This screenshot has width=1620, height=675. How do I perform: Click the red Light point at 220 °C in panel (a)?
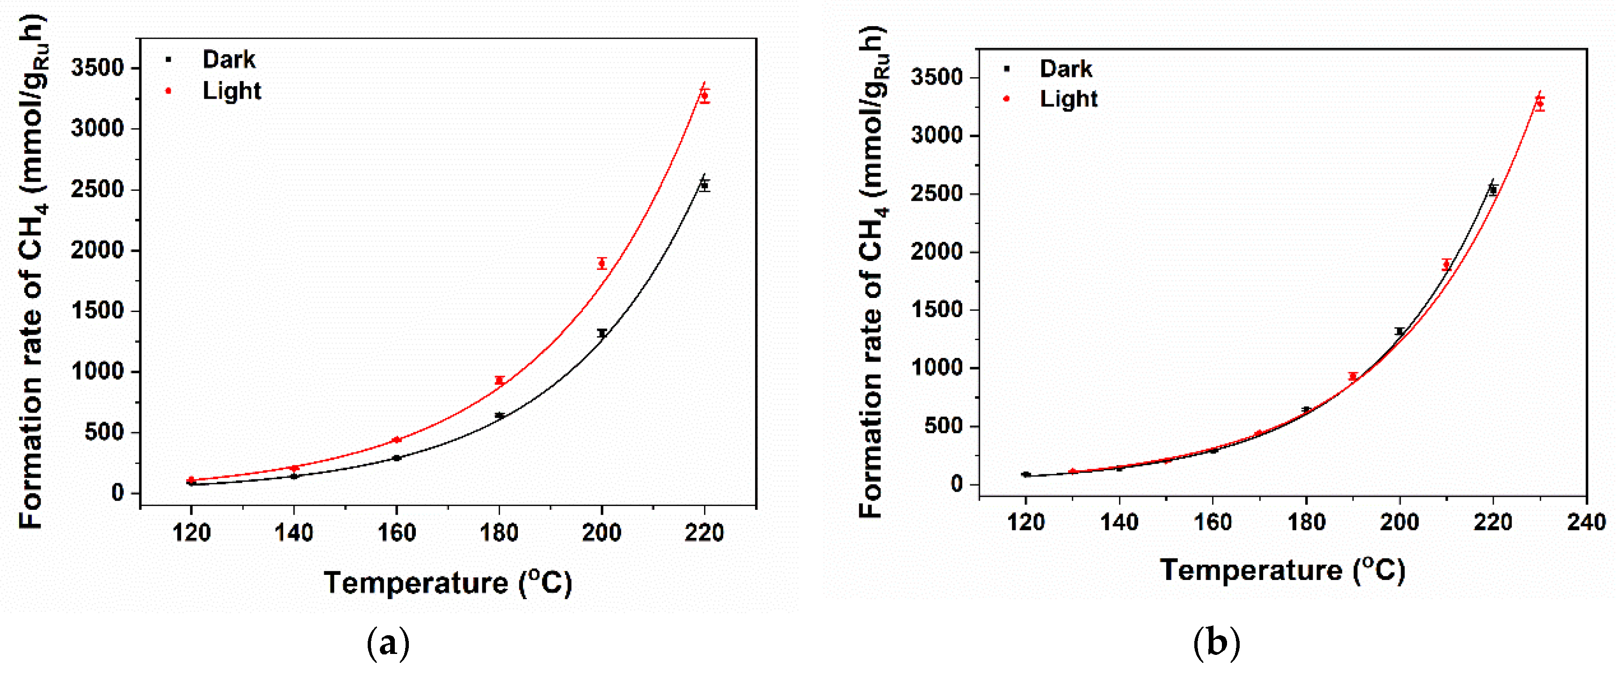[705, 96]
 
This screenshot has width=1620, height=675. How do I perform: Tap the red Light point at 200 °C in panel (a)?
[602, 263]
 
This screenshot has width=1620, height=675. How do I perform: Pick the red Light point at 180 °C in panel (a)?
[499, 380]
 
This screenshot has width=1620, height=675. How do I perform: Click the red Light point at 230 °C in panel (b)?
[1539, 104]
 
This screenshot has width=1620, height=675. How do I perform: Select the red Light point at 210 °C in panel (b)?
[1446, 265]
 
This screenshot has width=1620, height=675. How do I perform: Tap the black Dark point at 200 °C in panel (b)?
[1399, 332]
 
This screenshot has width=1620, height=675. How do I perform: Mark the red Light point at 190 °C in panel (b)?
[1353, 377]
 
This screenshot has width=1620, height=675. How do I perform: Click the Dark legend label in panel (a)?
[228, 60]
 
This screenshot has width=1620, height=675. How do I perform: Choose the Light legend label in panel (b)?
[1068, 99]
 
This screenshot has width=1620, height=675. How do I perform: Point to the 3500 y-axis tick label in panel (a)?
[97, 67]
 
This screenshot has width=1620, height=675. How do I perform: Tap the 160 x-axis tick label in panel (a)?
[396, 533]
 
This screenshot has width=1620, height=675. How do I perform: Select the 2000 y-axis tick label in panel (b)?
[937, 252]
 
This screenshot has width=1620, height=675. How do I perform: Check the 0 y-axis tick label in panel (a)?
[117, 493]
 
